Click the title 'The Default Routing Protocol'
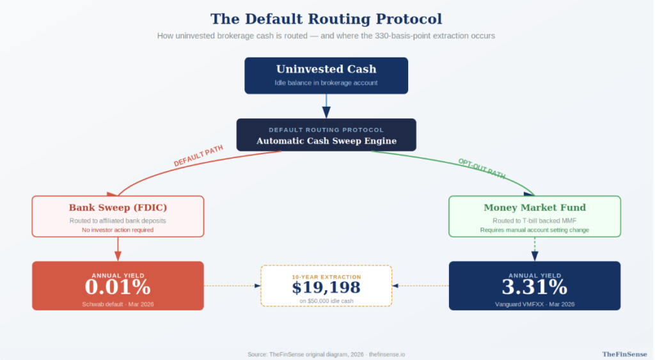tap(326, 19)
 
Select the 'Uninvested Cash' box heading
tap(326, 69)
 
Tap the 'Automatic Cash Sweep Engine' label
tap(326, 141)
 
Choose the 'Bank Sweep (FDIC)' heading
tap(118, 207)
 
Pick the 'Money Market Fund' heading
tap(534, 207)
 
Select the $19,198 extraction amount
tap(326, 288)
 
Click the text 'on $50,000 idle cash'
tap(326, 300)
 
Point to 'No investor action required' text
tap(118, 230)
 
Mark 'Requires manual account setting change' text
tap(534, 230)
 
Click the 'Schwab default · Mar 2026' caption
tap(118, 304)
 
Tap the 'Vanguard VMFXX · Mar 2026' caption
tap(534, 304)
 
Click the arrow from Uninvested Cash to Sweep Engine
tap(326, 106)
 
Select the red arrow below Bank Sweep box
tap(118, 248)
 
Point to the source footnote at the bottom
tap(326, 354)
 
